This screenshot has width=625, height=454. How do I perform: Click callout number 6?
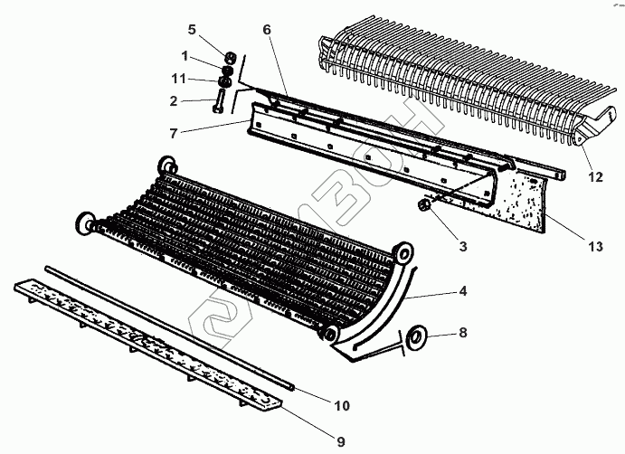point(267,30)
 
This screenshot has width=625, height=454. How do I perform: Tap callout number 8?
point(462,334)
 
